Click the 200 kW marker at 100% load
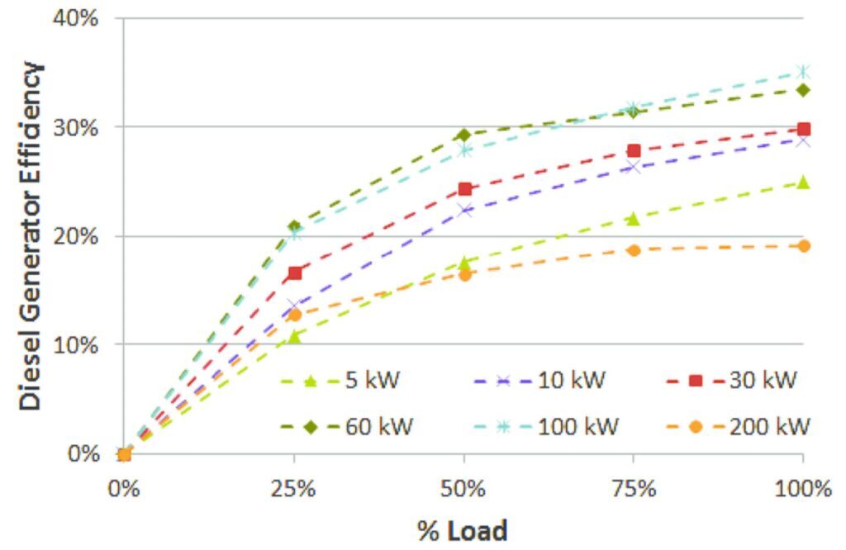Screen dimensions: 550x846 coord(803,246)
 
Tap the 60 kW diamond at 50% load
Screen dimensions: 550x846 coord(463,135)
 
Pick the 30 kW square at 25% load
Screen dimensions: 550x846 coord(295,273)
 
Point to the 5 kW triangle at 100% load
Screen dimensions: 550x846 coord(803,183)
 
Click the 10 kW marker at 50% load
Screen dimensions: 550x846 coord(464,211)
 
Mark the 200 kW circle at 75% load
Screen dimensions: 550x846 coord(634,250)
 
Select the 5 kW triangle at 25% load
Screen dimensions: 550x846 coord(295,336)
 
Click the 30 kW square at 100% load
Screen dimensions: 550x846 coord(803,129)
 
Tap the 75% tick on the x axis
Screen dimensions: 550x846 coord(634,488)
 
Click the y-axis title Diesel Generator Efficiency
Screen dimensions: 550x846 coord(31,235)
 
